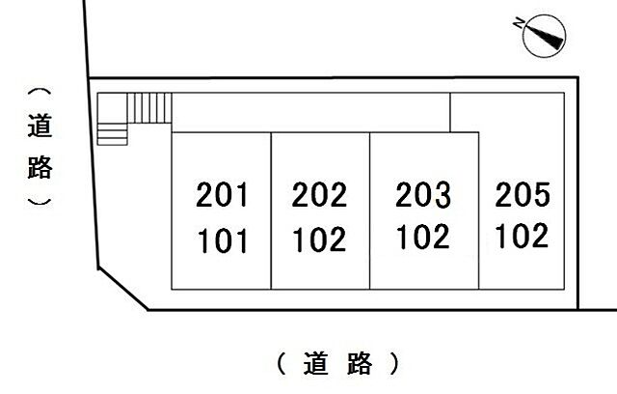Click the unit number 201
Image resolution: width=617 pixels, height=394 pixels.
point(223,196)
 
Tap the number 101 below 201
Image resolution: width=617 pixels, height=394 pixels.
point(223,239)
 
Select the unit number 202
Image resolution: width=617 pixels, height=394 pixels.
point(319,196)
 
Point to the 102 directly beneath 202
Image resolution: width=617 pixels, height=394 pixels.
point(319,239)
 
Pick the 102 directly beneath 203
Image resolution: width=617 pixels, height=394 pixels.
point(423,237)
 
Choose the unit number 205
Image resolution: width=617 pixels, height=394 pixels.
point(523,195)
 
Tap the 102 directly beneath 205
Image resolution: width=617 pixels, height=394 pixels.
point(523,236)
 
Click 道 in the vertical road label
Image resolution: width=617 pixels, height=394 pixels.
point(40,126)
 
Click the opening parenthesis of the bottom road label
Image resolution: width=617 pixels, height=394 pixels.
point(281,363)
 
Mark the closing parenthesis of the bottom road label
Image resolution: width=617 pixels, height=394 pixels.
point(393,363)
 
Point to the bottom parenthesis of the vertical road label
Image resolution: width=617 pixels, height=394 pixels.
point(40,202)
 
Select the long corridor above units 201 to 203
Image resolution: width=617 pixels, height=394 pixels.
point(308,112)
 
